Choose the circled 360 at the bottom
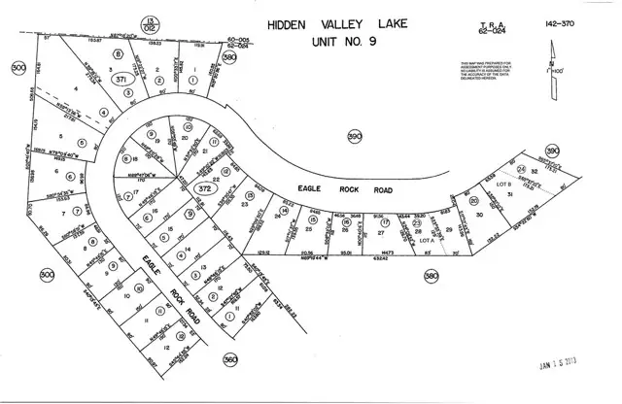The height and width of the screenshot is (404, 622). (229, 358)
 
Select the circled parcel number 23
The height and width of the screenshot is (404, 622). (417, 224)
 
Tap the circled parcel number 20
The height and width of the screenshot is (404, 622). (474, 201)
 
